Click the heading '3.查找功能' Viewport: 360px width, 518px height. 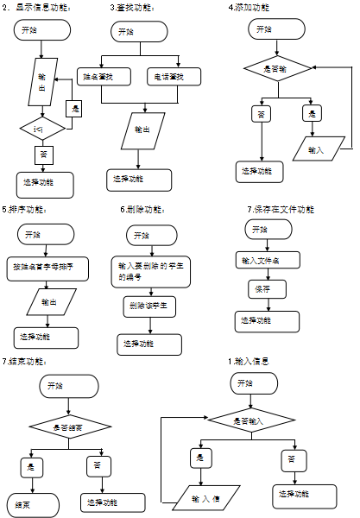tap(134, 7)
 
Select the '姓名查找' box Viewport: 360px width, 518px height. tap(103, 77)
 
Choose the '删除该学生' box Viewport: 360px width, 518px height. tap(148, 306)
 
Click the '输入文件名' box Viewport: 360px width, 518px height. tap(260, 260)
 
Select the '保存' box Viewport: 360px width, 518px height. tap(263, 288)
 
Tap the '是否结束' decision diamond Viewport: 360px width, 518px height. tap(69, 426)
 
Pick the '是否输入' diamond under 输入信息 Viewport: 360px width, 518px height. tap(250, 420)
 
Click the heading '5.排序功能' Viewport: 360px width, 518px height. tap(25, 209)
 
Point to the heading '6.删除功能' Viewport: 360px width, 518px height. tap(144, 209)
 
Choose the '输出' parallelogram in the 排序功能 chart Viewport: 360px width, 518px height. tap(53, 301)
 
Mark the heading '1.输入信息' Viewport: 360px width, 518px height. tap(250, 360)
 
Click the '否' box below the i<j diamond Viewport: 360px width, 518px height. tap(43, 155)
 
